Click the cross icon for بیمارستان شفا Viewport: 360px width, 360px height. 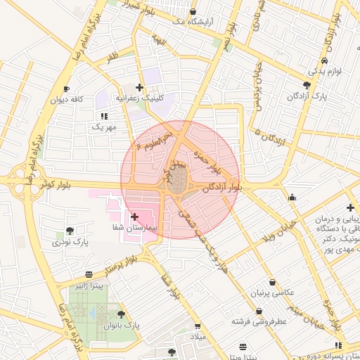pos(135,217)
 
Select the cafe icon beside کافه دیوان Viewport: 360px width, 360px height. pos(67,89)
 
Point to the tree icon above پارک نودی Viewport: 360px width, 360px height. pos(70,231)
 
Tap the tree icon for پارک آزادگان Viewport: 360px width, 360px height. pos(307,84)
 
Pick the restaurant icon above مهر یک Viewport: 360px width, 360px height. pos(104,116)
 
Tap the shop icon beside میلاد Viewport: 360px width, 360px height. pos(197,326)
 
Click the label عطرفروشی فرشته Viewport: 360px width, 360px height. pos(261,321)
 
